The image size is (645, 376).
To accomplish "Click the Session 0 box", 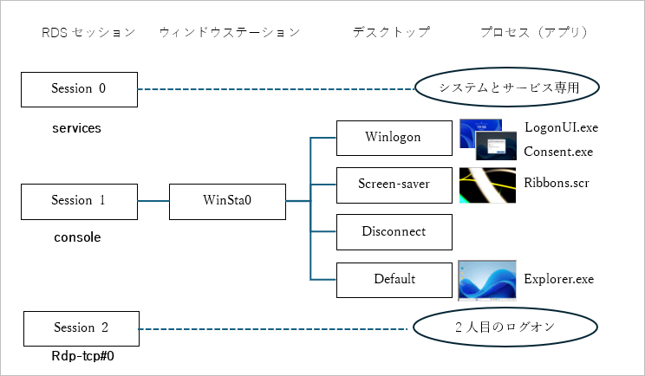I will pos(79,88).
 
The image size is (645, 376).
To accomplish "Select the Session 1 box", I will pos(79,201).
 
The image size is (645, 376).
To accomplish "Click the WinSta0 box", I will pos(226,201).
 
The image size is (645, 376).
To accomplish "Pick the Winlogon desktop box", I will pos(394,136).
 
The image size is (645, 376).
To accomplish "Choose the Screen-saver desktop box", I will pos(394,184).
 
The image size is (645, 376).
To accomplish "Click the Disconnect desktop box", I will pos(394,231).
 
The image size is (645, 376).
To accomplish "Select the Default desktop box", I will pos(394,279).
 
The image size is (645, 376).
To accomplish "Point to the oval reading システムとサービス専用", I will pos(508,88).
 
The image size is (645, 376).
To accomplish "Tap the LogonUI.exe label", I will pos(561,127).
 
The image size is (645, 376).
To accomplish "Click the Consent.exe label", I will pos(558,152).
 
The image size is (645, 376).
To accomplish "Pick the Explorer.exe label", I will pos(559,279).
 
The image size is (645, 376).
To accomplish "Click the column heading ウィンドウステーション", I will pos(230,33).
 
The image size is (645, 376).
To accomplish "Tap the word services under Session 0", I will pos(77,128).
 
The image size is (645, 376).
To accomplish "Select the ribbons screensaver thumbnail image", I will pos(487,185).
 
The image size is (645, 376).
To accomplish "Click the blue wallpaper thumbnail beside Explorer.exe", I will pos(487,279).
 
